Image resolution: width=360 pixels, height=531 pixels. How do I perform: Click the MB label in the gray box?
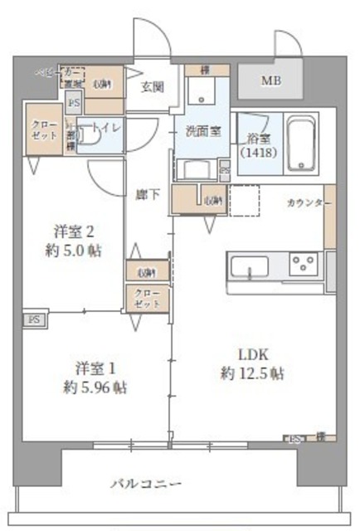(271, 81)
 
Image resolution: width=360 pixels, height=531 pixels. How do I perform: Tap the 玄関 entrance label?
(152, 85)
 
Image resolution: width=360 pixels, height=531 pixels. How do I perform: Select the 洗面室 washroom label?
(202, 130)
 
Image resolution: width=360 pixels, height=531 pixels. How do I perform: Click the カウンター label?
(309, 203)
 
